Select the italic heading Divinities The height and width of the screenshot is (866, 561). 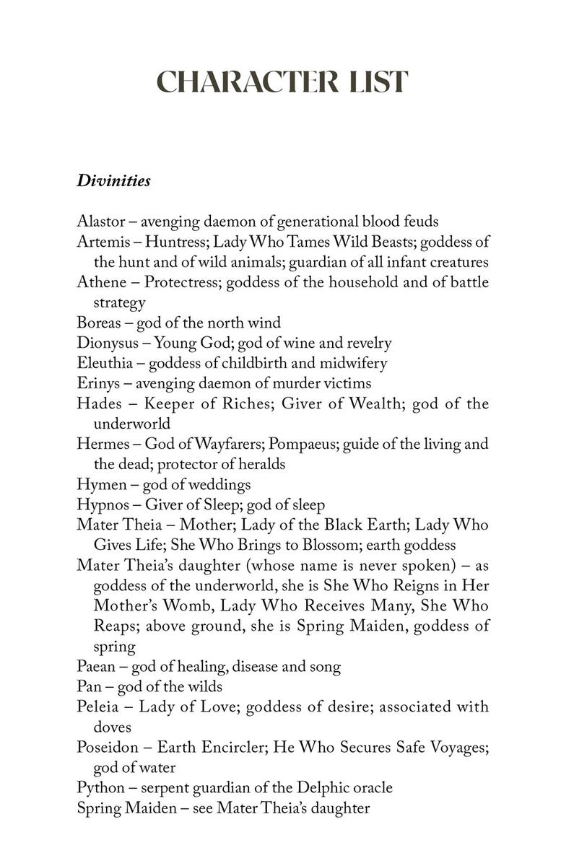pyautogui.click(x=113, y=180)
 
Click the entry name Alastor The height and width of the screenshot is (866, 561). pyautogui.click(x=99, y=222)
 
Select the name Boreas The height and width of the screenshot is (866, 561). pyautogui.click(x=98, y=323)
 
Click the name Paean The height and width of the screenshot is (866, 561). pyautogui.click(x=96, y=666)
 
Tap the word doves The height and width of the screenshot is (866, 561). pyautogui.click(x=112, y=727)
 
